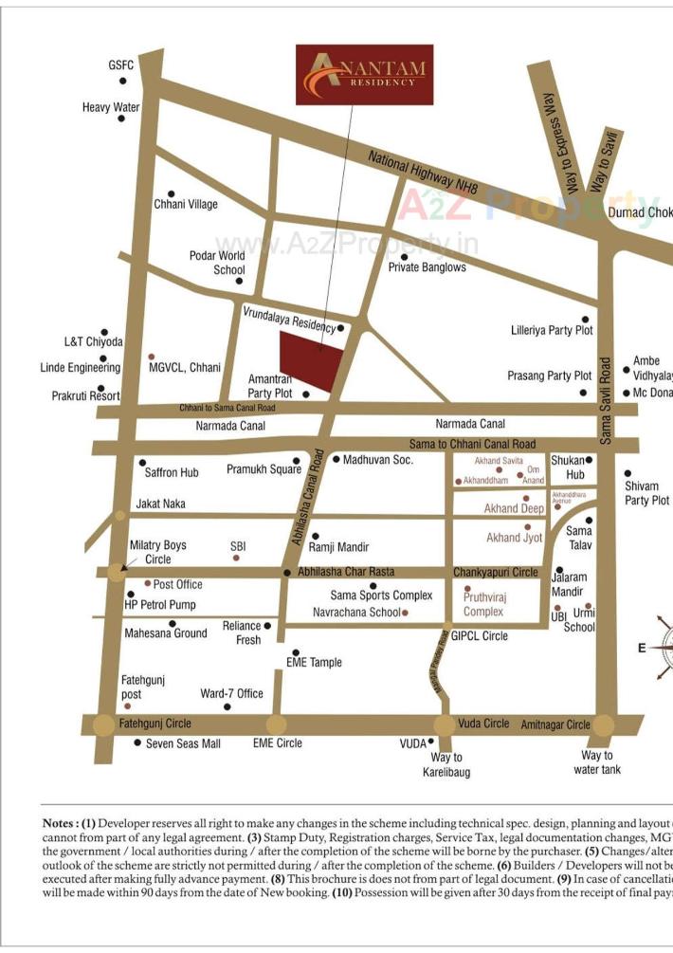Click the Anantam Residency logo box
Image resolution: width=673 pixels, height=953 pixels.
pyautogui.click(x=364, y=74)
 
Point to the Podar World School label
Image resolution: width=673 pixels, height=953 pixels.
pyautogui.click(x=218, y=263)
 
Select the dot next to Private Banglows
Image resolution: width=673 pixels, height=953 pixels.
pyautogui.click(x=404, y=256)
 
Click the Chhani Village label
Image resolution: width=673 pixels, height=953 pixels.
pyautogui.click(x=186, y=204)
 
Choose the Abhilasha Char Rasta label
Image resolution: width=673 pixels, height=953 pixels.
pyautogui.click(x=346, y=572)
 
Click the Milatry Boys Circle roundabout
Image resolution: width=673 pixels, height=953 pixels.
pyautogui.click(x=116, y=572)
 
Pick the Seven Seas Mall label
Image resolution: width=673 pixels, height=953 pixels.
pyautogui.click(x=183, y=743)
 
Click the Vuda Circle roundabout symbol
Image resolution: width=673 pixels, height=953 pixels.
pyautogui.click(x=444, y=724)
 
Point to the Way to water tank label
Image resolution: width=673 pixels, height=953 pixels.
pyautogui.click(x=597, y=762)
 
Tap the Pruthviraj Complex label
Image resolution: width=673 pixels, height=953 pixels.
pyautogui.click(x=484, y=605)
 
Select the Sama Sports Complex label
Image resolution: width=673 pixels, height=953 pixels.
pyautogui.click(x=381, y=596)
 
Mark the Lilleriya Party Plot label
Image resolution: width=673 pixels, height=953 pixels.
pyautogui.click(x=552, y=331)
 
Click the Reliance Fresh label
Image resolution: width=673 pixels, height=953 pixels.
pyautogui.click(x=241, y=632)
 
